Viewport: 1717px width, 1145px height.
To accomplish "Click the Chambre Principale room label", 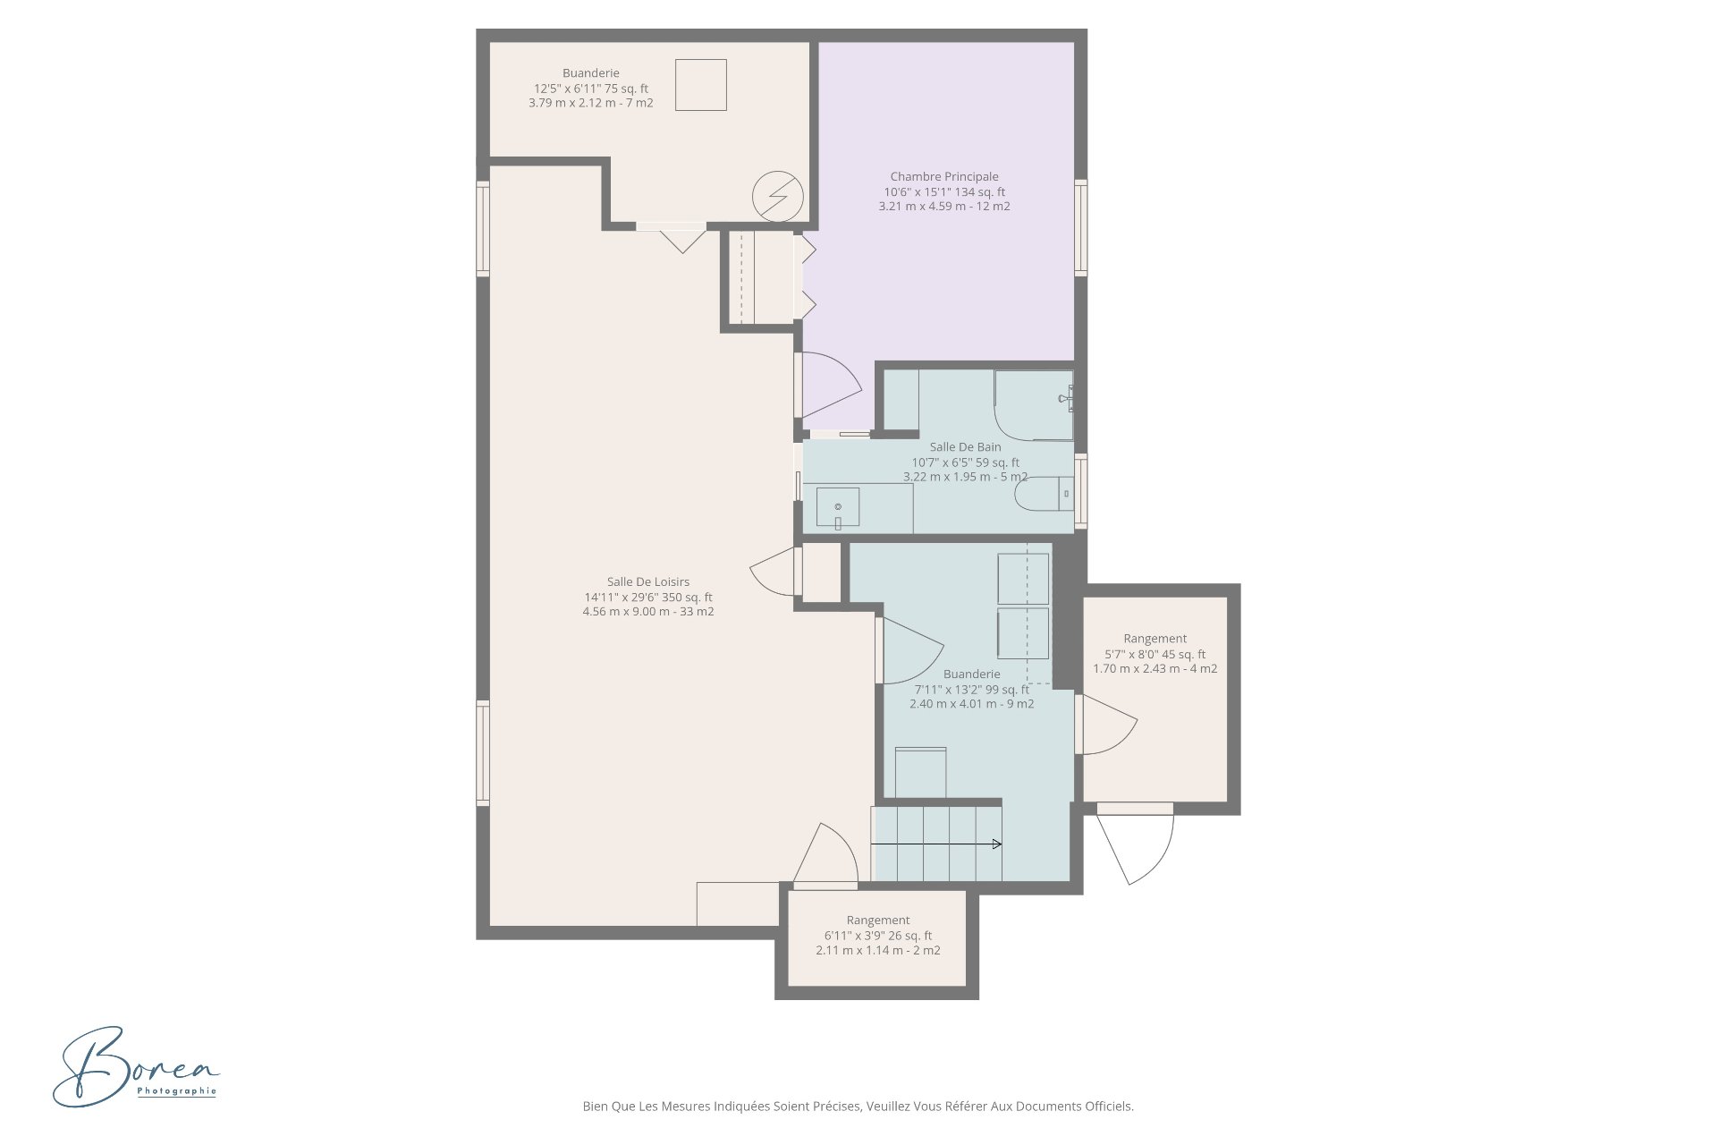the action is [x=944, y=177].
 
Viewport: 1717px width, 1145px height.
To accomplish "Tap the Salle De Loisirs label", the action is [x=648, y=582].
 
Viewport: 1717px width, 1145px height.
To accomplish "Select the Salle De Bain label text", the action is [x=966, y=447].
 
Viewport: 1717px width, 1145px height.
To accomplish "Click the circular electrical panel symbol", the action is [x=777, y=195].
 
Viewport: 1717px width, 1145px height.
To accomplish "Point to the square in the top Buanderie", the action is [x=700, y=84].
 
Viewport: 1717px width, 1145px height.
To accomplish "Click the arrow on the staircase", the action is [x=936, y=844].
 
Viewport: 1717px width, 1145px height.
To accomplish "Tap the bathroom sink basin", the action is [x=838, y=507].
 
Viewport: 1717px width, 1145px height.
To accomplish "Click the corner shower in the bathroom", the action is [x=1034, y=405].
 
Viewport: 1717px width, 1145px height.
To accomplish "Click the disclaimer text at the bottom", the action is [x=858, y=1107].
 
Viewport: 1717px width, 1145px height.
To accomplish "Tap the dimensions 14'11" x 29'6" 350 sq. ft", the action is [x=648, y=598].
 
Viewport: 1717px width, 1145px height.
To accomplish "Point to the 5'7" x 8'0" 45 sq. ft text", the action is [x=1155, y=654].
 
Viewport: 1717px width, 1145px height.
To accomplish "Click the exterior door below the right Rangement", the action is [x=1134, y=844].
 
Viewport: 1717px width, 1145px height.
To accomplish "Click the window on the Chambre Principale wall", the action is [x=1080, y=227].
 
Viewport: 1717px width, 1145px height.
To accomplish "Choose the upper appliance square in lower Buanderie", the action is [x=1023, y=579].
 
